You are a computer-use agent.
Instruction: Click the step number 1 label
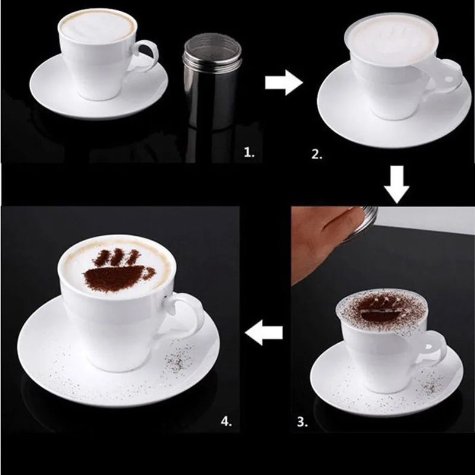pos(249,153)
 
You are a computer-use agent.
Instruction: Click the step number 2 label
pos(316,154)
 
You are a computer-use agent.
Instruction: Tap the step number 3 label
pos(302,422)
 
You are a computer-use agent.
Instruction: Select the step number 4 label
pos(226,421)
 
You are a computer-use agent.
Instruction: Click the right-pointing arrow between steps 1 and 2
pos(284,83)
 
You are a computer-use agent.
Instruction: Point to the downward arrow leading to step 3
pos(397,185)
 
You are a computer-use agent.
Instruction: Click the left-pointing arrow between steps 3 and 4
pos(264,332)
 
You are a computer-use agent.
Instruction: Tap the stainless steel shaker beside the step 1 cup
pos(211,81)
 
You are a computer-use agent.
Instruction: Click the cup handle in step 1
pos(146,56)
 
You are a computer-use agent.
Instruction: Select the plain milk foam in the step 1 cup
pos(97,26)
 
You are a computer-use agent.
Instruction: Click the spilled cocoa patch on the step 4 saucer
pos(179,358)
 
